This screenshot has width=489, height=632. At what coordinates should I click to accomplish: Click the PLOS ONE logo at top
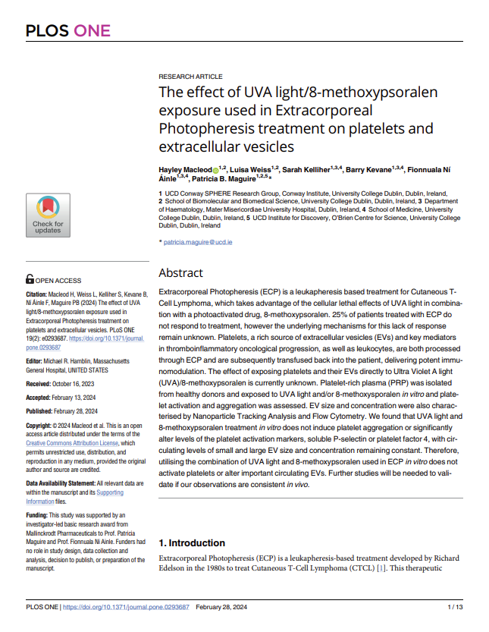[x=68, y=31]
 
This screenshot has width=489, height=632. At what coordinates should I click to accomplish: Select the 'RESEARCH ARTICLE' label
[x=190, y=77]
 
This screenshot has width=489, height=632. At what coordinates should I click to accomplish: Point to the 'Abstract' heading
[x=180, y=273]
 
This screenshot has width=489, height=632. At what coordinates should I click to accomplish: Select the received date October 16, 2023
[x=79, y=385]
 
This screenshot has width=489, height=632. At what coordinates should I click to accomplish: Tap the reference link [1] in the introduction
[x=381, y=568]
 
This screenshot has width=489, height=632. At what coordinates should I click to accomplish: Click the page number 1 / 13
[x=454, y=607]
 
